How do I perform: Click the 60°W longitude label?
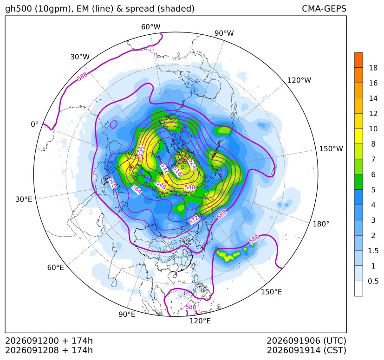click(150, 27)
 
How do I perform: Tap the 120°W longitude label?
click(299, 80)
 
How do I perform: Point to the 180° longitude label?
click(321, 224)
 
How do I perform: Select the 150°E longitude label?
click(271, 292)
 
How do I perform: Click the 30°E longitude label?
click(24, 199)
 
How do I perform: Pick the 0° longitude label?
click(34, 124)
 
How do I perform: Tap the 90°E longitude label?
click(127, 314)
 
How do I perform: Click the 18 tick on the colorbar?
click(373, 68)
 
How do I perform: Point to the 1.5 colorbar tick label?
click(373, 251)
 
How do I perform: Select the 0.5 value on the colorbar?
click(373, 281)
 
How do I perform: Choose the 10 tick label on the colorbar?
click(373, 129)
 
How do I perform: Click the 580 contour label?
click(112, 183)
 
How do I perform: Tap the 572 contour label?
click(194, 219)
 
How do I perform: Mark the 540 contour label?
click(190, 187)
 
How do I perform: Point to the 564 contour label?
click(137, 189)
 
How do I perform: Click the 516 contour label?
click(177, 171)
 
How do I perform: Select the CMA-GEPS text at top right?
click(324, 8)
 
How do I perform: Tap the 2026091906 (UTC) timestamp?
click(306, 341)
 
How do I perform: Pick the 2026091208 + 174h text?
click(49, 350)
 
